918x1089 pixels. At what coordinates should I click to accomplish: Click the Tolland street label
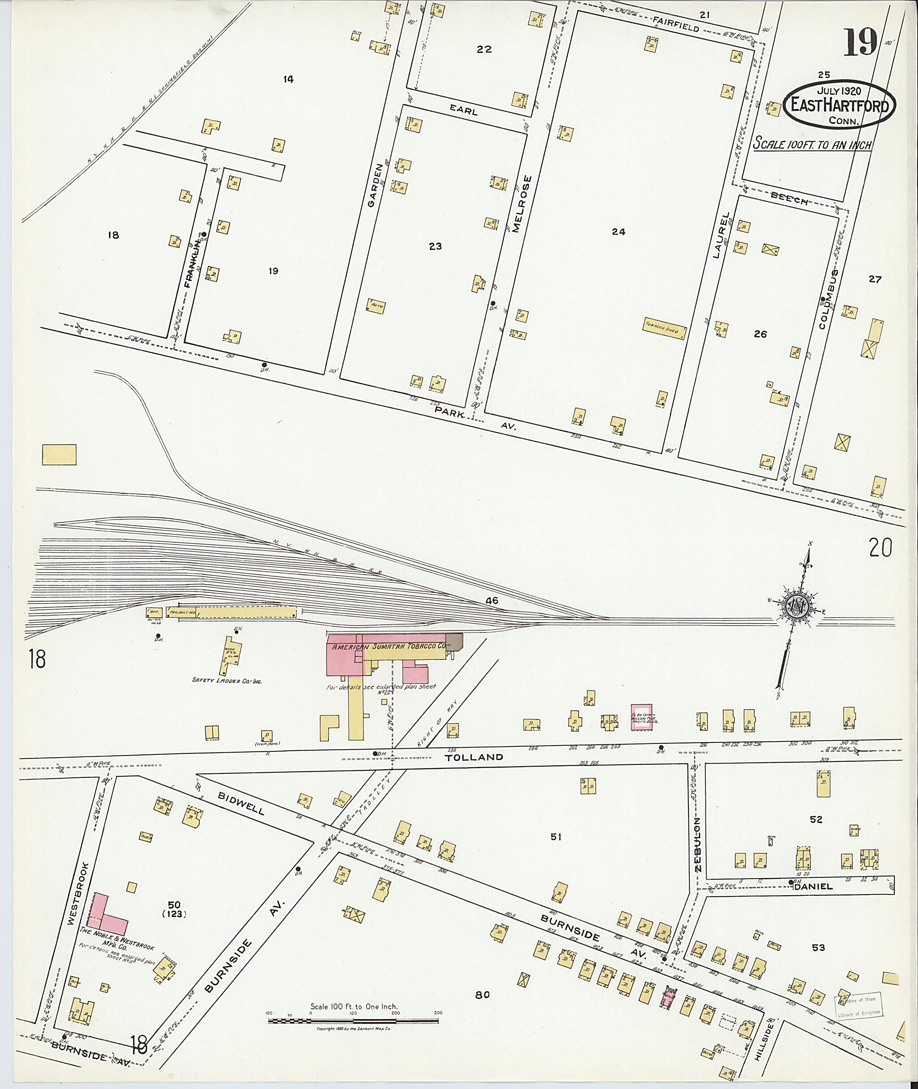474,757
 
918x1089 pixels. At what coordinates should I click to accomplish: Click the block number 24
618,232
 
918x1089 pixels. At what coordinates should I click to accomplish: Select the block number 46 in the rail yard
491,601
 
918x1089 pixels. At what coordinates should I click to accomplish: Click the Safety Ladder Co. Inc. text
226,680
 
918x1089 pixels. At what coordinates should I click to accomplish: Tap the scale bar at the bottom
353,1021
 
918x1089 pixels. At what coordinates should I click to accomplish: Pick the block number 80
482,995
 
